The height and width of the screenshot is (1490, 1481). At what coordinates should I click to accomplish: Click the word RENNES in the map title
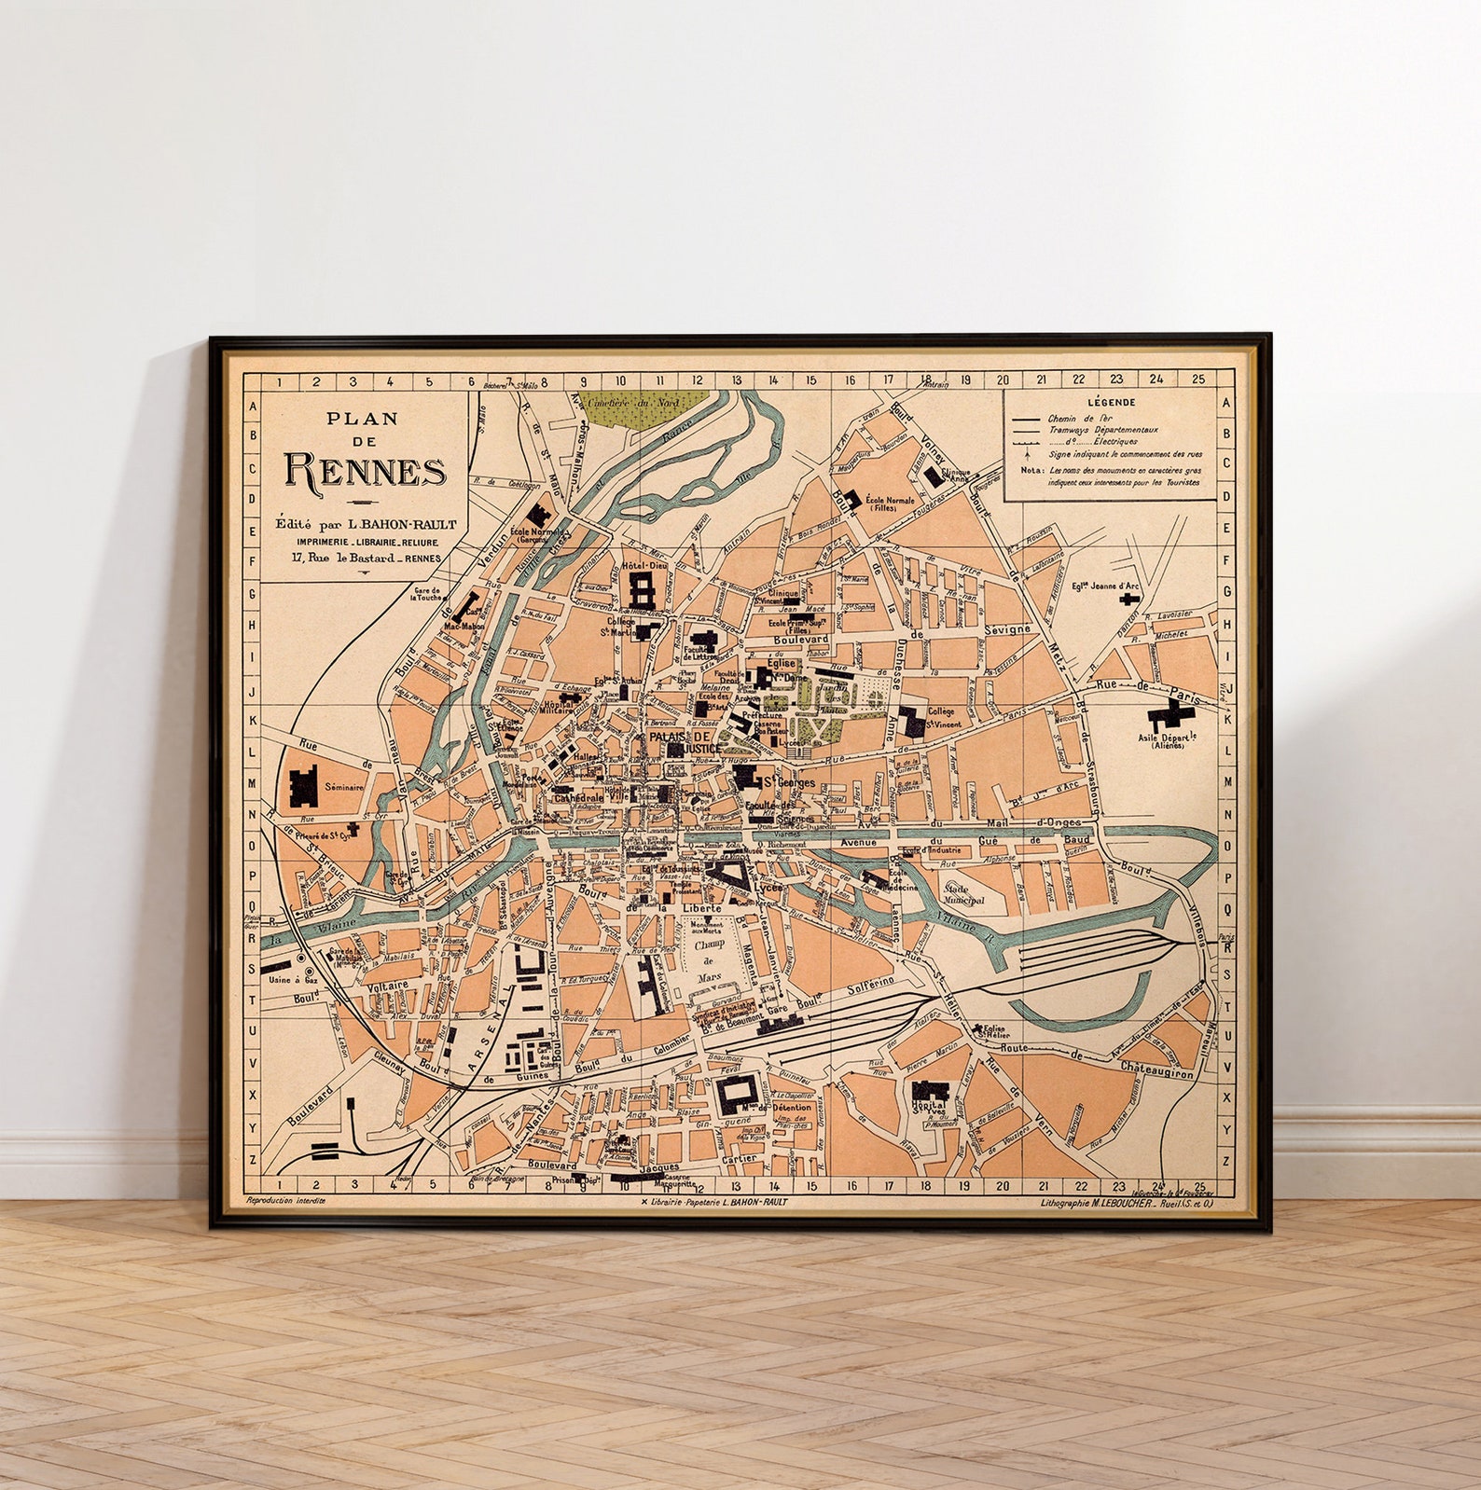pos(365,472)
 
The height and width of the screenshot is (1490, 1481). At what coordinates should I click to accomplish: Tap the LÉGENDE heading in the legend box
pos(1110,402)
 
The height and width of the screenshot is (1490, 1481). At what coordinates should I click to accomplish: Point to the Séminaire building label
pos(344,787)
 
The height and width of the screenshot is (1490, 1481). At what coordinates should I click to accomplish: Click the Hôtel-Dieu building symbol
pos(643,589)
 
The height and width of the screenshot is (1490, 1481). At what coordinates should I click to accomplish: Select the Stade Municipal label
pos(964,894)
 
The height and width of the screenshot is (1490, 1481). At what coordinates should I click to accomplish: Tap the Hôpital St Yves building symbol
pos(929,1090)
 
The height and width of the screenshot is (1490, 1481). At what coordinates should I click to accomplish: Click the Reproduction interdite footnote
pos(285,1201)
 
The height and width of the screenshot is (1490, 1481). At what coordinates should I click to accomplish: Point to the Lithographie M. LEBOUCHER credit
pos(1126,1203)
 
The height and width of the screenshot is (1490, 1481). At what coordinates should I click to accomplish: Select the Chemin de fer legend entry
pos(1080,420)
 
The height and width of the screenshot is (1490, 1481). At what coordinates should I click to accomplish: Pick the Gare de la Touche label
pos(427,593)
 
